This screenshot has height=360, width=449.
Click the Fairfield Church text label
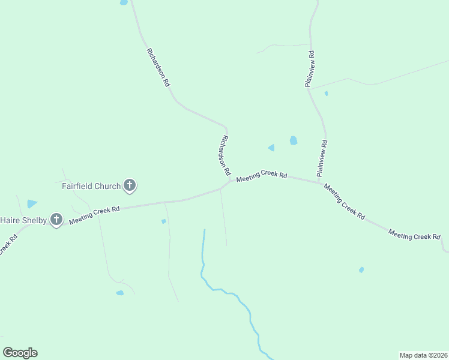[91, 186]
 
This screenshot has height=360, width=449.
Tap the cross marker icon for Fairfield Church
[130, 186]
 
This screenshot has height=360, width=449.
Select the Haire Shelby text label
[23, 220]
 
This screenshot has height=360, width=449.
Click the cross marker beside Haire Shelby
[56, 220]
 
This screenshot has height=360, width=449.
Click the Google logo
[20, 353]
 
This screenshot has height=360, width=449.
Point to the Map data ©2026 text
[423, 355]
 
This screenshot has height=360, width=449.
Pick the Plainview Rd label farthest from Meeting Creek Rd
[309, 70]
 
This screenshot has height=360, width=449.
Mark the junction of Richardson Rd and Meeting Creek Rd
[229, 183]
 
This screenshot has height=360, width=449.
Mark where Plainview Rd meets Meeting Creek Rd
[320, 182]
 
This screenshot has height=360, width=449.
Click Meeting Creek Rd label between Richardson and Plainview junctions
[262, 176]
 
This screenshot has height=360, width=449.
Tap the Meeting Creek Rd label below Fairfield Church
[94, 215]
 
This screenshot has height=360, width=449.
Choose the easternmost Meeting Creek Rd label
[414, 235]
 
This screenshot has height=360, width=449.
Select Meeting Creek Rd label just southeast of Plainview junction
[344, 201]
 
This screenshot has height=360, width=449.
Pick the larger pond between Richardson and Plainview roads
[294, 140]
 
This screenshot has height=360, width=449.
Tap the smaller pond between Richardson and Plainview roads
[271, 148]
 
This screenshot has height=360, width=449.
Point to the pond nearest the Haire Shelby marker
[32, 204]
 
